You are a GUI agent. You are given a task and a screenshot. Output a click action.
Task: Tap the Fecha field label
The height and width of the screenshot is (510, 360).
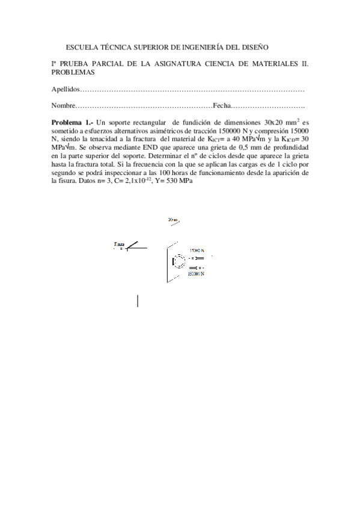pyautogui.click(x=222, y=106)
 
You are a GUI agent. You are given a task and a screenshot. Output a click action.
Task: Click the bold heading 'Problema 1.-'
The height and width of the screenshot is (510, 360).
pyautogui.click(x=72, y=121)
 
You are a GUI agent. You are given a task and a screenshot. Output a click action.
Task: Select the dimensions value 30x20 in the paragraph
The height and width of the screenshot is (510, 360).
pyautogui.click(x=273, y=121)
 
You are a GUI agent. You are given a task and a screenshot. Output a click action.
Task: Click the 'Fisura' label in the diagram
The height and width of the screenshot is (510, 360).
pyautogui.click(x=118, y=244)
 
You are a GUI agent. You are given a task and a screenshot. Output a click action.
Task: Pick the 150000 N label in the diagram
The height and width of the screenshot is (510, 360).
pyautogui.click(x=197, y=273)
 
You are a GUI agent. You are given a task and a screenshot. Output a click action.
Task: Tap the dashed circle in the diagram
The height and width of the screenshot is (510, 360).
pyautogui.click(x=180, y=262)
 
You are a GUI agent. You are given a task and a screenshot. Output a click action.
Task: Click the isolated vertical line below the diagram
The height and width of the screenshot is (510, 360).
pyautogui.click(x=138, y=301)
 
